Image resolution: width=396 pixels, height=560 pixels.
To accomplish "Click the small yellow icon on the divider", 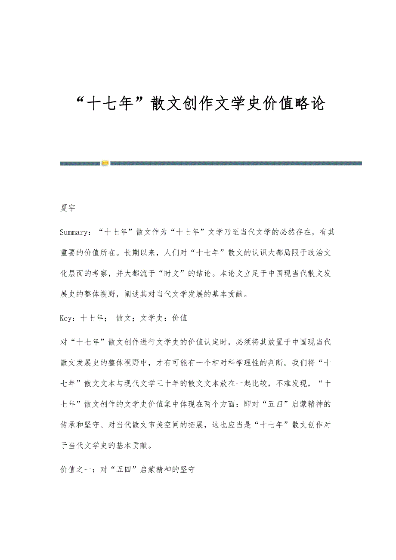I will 105,163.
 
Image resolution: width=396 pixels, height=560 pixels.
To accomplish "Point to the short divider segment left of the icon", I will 80,163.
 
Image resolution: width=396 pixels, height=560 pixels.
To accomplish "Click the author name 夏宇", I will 68,208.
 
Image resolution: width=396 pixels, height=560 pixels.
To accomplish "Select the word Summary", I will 74,232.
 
